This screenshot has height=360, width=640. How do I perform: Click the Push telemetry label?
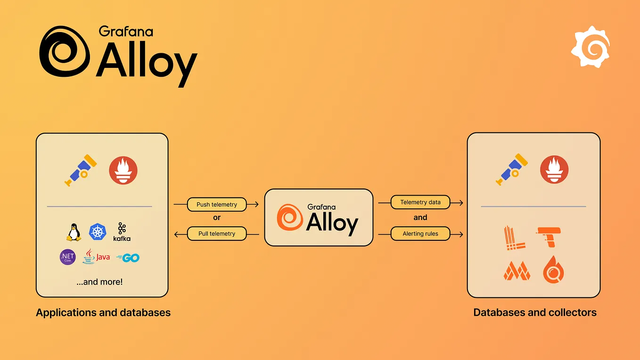tap(217, 205)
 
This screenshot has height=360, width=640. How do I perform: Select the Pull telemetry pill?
tap(217, 234)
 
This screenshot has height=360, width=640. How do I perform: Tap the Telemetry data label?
tap(420, 203)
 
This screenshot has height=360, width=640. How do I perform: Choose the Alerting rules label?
tap(420, 234)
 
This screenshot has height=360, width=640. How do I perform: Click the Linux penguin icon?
tap(74, 232)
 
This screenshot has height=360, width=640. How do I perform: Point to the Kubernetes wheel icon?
tap(98, 232)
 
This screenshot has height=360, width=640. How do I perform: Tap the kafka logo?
tap(122, 232)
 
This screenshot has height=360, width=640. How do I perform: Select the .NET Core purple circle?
tap(68, 257)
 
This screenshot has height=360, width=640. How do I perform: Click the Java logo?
tap(96, 257)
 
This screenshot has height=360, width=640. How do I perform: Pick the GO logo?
tap(128, 258)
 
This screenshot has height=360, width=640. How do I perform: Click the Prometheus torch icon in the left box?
tap(123, 170)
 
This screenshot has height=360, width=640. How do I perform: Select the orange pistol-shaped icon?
tap(550, 237)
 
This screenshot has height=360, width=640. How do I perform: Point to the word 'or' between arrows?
tap(217, 218)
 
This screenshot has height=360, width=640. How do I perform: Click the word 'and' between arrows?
tap(420, 218)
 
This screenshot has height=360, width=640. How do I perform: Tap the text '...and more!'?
tap(99, 282)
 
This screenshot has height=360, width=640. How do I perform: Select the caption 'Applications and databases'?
tap(103, 312)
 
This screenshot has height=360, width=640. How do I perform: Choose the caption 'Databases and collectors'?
tap(535, 312)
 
